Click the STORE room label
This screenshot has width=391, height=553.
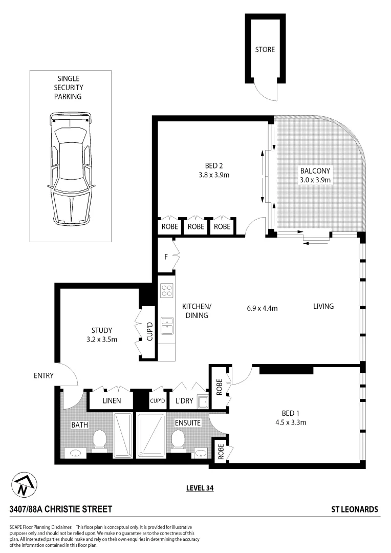[265, 50]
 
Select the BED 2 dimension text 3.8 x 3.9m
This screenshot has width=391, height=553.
[214, 175]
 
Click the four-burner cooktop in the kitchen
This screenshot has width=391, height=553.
[167, 291]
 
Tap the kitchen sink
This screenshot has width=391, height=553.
[167, 325]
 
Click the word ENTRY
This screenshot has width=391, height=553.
[44, 375]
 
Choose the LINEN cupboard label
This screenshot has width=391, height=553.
[111, 400]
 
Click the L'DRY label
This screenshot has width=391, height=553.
[184, 401]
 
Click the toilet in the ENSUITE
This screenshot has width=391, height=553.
[178, 439]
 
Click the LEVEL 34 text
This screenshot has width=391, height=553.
[200, 488]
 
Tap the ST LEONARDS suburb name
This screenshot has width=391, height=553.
[355, 509]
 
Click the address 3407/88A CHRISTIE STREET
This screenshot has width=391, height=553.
[60, 509]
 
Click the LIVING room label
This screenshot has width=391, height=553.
[323, 306]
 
